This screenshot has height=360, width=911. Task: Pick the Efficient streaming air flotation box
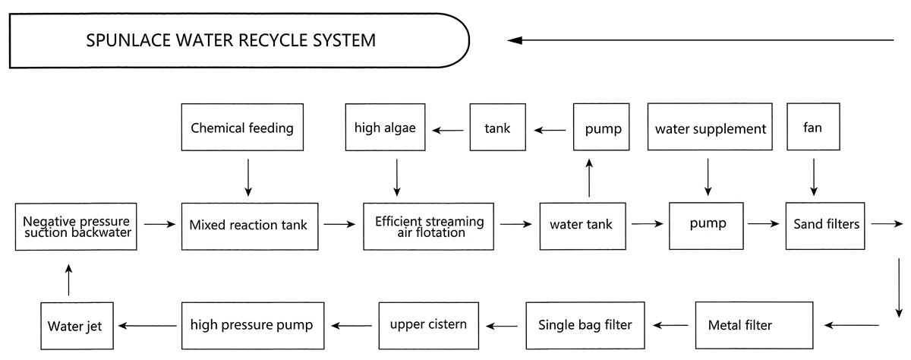428,226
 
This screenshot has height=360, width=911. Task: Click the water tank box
582,225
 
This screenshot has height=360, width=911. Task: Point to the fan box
814,128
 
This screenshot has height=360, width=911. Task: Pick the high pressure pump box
252,325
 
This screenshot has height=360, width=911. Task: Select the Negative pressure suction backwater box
77,226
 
